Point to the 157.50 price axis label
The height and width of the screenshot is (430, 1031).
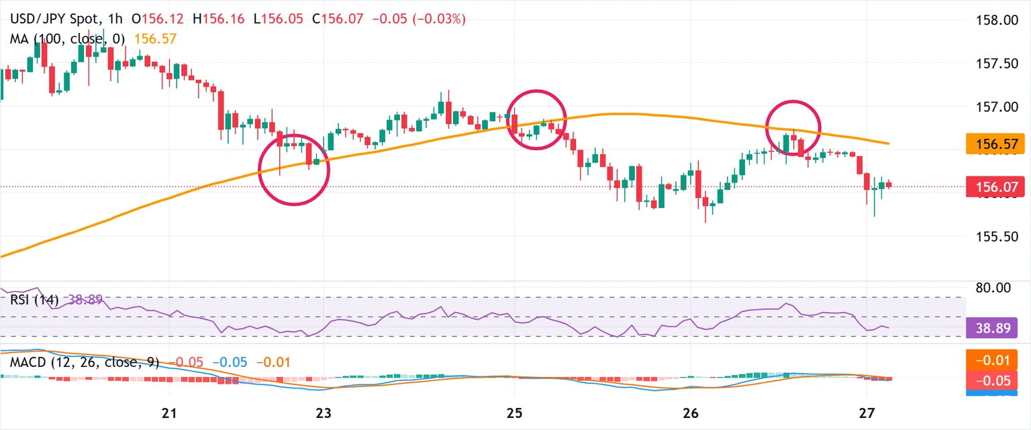tap(995, 63)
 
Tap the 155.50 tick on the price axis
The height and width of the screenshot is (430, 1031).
tap(995, 237)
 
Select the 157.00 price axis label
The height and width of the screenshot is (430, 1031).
tap(995, 107)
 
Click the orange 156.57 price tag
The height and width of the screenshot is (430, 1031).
tap(995, 144)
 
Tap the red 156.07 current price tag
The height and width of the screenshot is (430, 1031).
tap(995, 187)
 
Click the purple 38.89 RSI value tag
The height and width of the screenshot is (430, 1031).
tap(995, 328)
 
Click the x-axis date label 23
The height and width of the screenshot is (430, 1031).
tap(324, 411)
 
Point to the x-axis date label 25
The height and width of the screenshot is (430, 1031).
tap(514, 411)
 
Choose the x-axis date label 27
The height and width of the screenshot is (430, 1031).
tap(867, 411)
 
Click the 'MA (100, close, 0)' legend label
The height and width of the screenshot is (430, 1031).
tap(68, 39)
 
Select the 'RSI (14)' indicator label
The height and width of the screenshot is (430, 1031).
tap(34, 299)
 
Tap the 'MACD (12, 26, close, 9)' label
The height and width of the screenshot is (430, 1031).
tap(84, 362)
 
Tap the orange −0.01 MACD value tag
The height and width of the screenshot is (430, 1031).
tap(995, 360)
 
